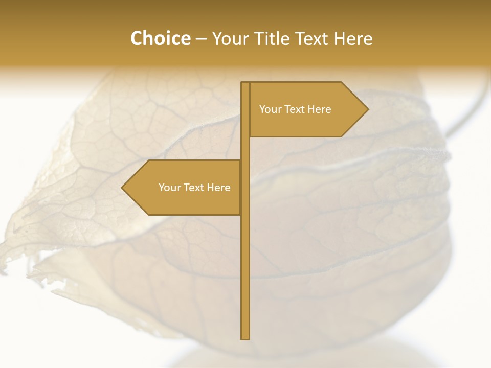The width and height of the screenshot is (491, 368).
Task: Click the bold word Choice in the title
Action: point(160,39)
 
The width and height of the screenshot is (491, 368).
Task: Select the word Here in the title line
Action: point(353,39)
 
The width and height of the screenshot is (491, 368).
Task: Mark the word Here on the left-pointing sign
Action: point(218,188)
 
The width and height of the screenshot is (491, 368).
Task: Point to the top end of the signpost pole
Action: point(245,83)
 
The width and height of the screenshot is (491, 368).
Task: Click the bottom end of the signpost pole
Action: point(245,338)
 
